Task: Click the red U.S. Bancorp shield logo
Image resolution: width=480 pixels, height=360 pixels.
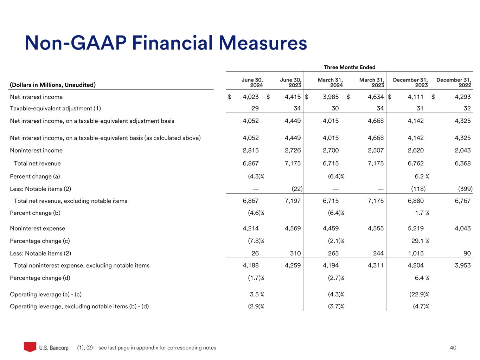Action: [30, 347]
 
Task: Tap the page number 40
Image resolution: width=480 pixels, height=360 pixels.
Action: [453, 348]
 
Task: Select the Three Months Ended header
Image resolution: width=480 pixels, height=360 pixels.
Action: [349, 67]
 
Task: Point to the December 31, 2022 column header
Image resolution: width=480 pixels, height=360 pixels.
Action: [454, 83]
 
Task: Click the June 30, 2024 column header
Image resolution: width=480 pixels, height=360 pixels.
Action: [252, 83]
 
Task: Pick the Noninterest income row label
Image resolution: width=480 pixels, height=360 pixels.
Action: [36, 150]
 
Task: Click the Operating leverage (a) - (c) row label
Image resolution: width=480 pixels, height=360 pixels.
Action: [46, 294]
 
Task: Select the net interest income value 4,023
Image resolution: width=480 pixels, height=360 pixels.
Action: [251, 97]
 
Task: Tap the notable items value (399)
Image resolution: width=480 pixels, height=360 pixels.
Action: [466, 189]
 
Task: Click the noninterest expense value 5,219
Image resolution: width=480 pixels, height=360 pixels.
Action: [416, 228]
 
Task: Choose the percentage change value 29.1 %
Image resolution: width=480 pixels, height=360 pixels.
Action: [422, 241]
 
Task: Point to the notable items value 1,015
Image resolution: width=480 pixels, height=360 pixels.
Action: [416, 253]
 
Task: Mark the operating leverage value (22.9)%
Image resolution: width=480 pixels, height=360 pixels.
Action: [421, 294]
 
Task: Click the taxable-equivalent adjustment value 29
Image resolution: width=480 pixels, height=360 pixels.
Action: [255, 108]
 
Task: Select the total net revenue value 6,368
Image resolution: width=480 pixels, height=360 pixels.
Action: [462, 163]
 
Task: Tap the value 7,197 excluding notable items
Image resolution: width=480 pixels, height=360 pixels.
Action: [293, 201]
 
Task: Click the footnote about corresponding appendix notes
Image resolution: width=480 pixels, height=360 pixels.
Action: [147, 348]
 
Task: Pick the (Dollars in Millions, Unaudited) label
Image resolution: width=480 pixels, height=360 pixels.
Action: [53, 85]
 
